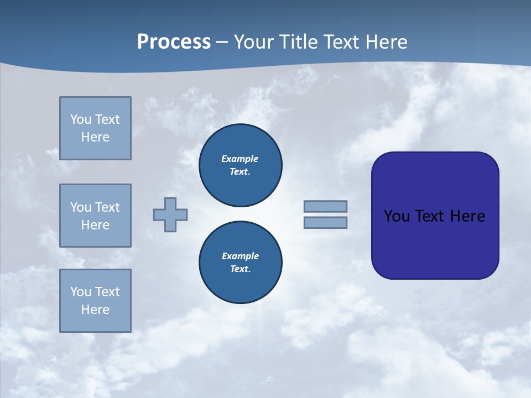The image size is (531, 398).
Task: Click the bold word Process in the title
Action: click(174, 42)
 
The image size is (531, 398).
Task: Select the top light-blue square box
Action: click(95, 128)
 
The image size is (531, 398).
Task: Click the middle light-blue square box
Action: click(95, 216)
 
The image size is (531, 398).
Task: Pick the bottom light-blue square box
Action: click(95, 301)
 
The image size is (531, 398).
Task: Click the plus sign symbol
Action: click(170, 214)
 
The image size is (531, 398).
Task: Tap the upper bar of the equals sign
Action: click(325, 206)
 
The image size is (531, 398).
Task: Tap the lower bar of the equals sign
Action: click(325, 223)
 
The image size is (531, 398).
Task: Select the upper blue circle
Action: click(241, 165)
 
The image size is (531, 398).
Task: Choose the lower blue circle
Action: click(241, 263)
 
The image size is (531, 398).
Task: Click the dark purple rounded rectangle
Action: click(435, 216)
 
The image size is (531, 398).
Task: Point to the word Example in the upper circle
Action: click(240, 159)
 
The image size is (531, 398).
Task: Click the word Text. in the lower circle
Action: click(241, 269)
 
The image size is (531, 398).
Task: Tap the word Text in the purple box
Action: click(430, 216)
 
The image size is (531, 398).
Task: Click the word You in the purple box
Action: click(397, 216)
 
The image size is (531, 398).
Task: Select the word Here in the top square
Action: click(95, 137)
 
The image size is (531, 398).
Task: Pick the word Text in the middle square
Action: click(107, 207)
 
